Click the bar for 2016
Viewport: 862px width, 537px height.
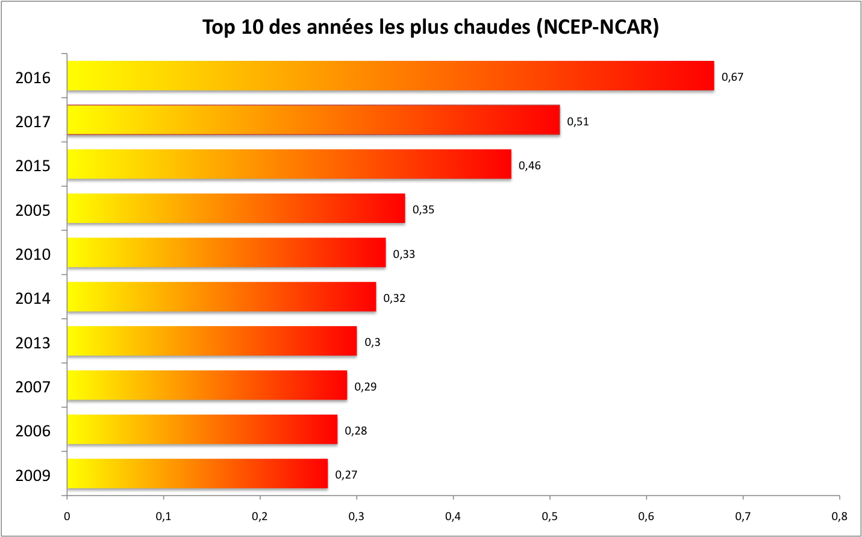tap(390, 76)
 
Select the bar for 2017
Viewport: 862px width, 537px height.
tap(313, 120)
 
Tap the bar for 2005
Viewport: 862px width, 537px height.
tap(236, 209)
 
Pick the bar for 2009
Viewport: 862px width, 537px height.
tap(198, 474)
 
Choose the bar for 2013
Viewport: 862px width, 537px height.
tap(212, 341)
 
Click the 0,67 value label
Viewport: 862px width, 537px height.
tap(732, 77)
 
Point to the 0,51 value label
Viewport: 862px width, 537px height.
tap(578, 122)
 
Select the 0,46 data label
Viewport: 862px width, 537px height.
tap(529, 166)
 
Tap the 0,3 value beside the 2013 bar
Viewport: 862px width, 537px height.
tap(372, 342)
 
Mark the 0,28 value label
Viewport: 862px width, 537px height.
tap(355, 431)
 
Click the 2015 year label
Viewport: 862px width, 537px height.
tap(33, 166)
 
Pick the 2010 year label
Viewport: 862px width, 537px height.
tap(33, 254)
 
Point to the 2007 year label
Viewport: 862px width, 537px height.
tap(33, 387)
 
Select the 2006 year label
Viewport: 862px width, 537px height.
tap(33, 431)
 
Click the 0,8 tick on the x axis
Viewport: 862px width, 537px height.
tap(839, 517)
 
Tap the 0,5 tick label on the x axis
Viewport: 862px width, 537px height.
tap(549, 517)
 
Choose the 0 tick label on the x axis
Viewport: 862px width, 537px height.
tap(67, 517)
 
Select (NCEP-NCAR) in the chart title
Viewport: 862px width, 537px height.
tap(598, 27)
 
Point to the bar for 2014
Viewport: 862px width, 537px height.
tap(222, 297)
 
